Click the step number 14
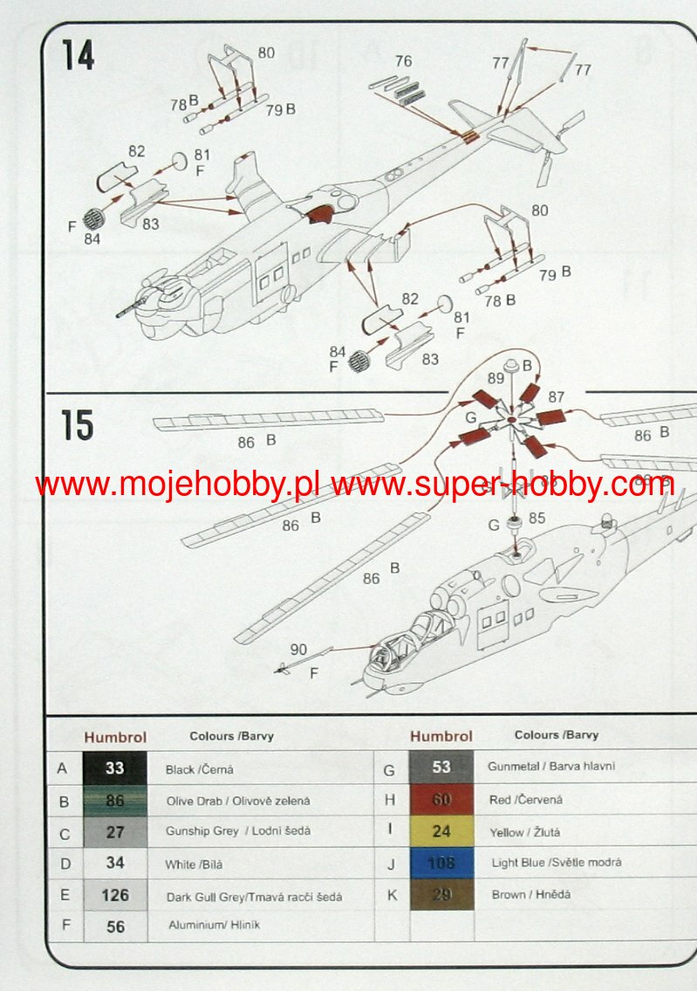tap(78, 54)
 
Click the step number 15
tap(78, 426)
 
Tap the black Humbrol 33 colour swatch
tap(115, 768)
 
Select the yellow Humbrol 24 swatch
tap(441, 831)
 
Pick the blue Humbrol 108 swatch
tap(441, 863)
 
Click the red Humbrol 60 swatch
tap(441, 799)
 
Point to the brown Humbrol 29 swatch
tap(441, 894)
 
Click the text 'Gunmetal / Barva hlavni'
tap(551, 766)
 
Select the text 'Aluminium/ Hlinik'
tap(214, 925)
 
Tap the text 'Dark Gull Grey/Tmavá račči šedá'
tap(254, 896)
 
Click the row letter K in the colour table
tap(391, 895)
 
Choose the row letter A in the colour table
tap(62, 769)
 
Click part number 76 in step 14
tap(403, 61)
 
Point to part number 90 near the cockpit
tap(298, 650)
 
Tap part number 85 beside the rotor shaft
tap(536, 519)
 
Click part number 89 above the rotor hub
tap(496, 378)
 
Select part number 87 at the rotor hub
tap(557, 397)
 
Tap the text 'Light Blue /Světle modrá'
tap(557, 863)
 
